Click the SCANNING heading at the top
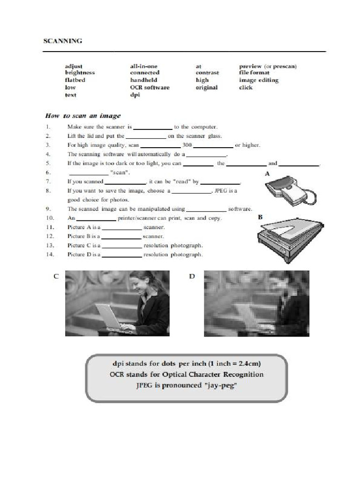click(x=63, y=41)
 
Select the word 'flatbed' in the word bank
click(x=75, y=80)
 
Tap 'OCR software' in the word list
click(x=150, y=88)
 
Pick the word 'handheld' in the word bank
click(x=143, y=80)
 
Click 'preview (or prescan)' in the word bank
click(x=268, y=67)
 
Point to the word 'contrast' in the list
click(x=207, y=73)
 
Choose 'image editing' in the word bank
click(x=258, y=80)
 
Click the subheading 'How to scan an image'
click(x=82, y=116)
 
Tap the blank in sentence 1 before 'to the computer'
click(x=153, y=127)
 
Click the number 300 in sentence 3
click(x=187, y=145)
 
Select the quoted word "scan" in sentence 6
click(x=120, y=172)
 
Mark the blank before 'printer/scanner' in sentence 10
click(x=96, y=218)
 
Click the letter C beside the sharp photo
click(x=56, y=277)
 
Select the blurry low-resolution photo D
click(x=256, y=303)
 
